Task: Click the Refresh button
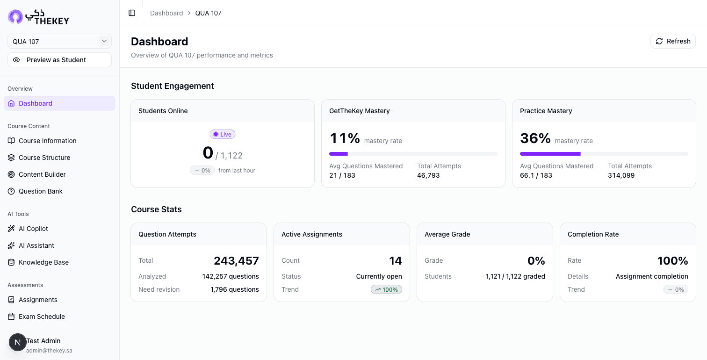coord(673,41)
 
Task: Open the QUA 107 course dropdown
coord(59,42)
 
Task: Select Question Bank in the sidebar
coord(40,191)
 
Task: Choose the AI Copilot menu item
coord(33,229)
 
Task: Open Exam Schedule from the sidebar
coord(42,317)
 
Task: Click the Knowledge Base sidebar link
coord(43,262)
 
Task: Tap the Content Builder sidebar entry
coord(42,174)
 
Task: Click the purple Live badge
coord(222,134)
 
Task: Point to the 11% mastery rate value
coord(345,138)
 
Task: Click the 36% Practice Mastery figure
coord(535,138)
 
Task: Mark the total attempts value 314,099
coord(621,175)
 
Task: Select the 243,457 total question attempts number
coord(236,261)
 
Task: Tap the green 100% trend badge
coord(386,289)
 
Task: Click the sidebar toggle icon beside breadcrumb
coord(132,13)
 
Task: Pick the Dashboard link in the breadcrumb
coord(166,13)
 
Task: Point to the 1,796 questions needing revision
coord(234,289)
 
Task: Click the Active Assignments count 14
coord(395,261)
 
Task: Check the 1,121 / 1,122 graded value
coord(515,276)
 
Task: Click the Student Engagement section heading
coord(173,86)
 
